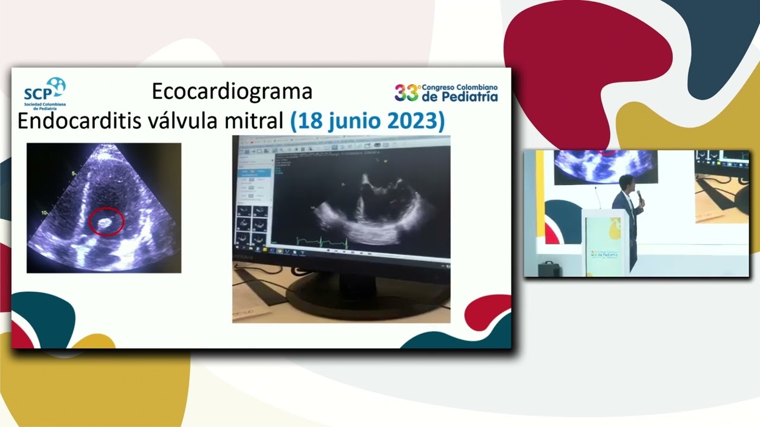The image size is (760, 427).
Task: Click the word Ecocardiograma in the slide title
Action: click(x=232, y=91)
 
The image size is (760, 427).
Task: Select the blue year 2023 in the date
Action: click(x=415, y=121)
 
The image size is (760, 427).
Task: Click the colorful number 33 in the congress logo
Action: click(x=407, y=93)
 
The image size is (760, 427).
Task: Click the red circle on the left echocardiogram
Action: click(x=106, y=222)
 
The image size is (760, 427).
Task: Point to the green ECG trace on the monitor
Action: click(x=321, y=242)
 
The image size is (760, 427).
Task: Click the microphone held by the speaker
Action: click(x=640, y=196)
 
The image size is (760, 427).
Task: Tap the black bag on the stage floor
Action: click(x=549, y=269)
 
